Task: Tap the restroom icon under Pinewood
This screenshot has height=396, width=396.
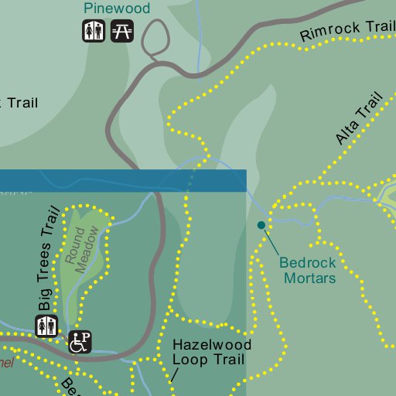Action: [x=94, y=32]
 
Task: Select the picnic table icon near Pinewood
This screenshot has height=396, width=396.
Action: [x=121, y=32]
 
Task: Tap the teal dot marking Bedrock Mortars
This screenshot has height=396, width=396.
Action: [x=261, y=225]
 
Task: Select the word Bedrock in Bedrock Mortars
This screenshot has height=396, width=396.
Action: [x=308, y=262]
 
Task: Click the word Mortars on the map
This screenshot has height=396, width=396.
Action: [x=309, y=277]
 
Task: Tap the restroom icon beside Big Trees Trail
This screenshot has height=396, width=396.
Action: [x=46, y=326]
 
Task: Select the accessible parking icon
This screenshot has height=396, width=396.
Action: [x=80, y=341]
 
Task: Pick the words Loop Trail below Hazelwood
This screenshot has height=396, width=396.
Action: [x=208, y=360]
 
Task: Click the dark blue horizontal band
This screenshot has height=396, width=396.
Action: [x=123, y=180]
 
